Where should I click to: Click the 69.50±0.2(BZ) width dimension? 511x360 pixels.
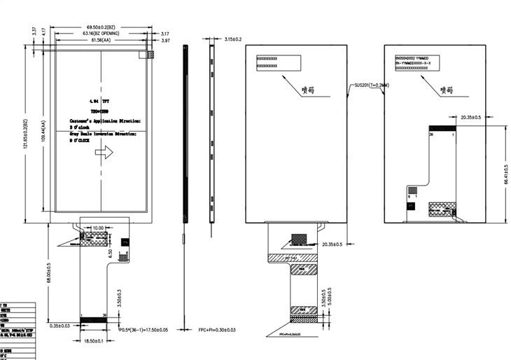[x=101, y=27]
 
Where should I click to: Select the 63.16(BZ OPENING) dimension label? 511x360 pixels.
[x=101, y=34]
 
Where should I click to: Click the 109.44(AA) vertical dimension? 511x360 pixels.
[x=43, y=130]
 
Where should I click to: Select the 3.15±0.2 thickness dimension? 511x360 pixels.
[x=232, y=39]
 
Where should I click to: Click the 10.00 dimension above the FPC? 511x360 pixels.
[x=98, y=228]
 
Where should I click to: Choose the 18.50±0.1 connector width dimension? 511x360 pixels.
[x=94, y=340]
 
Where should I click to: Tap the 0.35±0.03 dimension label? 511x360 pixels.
[x=64, y=326]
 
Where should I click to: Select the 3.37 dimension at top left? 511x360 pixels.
[x=34, y=31]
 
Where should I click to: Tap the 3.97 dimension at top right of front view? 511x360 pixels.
[x=165, y=41]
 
